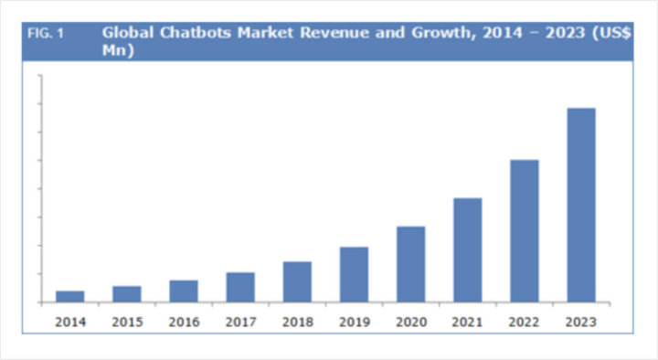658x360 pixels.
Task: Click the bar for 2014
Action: pyautogui.click(x=70, y=296)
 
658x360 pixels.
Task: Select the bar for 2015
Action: pyautogui.click(x=127, y=293)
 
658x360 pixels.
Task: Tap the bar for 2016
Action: pyautogui.click(x=184, y=291)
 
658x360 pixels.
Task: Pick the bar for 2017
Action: pyautogui.click(x=240, y=287)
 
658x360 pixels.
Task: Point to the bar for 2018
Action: pyautogui.click(x=297, y=281)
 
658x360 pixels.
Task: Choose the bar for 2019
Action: pyautogui.click(x=354, y=274)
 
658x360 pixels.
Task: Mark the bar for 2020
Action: pyautogui.click(x=410, y=264)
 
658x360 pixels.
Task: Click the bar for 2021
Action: pyautogui.click(x=467, y=249)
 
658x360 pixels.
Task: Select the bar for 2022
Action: pyautogui.click(x=524, y=230)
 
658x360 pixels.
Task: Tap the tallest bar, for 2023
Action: pyautogui.click(x=581, y=205)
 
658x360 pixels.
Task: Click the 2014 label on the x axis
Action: pyautogui.click(x=70, y=322)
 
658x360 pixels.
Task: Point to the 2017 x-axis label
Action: pyautogui.click(x=240, y=322)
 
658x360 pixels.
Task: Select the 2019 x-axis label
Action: pyautogui.click(x=354, y=322)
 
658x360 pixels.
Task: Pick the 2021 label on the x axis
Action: pyautogui.click(x=467, y=322)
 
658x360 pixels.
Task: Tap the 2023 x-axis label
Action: pyautogui.click(x=581, y=322)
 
